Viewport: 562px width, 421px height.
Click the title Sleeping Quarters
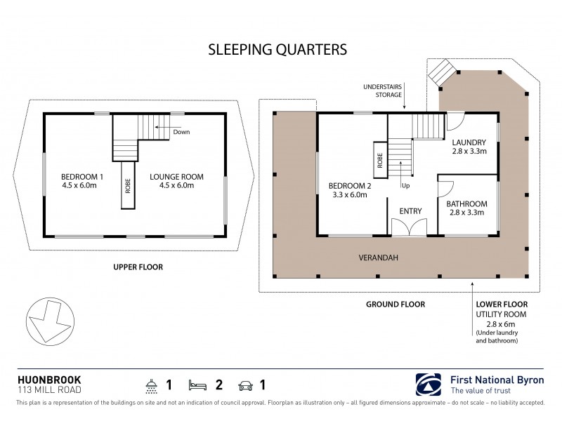pos(277,50)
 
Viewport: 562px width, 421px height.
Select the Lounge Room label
pos(171,180)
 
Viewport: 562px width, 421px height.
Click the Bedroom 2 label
pos(348,190)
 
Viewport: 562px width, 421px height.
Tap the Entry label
pos(410,210)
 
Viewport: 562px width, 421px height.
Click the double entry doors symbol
pos(409,227)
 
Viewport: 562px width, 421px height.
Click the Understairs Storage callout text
pos(382,90)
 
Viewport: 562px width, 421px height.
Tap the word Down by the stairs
pos(181,132)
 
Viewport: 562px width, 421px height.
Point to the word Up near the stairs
pos(405,186)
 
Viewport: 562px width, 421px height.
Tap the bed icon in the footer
pos(197,385)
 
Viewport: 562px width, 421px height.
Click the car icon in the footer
pos(246,385)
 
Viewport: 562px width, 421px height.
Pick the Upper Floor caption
pos(138,267)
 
